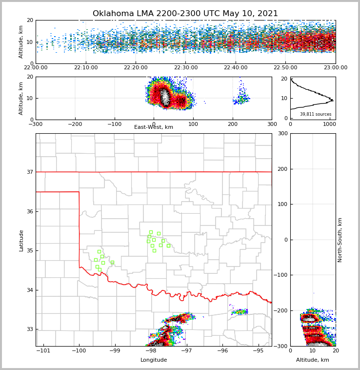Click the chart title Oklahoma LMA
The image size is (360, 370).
click(185, 14)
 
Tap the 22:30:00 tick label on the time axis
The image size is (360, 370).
click(186, 68)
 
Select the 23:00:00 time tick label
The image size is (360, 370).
click(335, 68)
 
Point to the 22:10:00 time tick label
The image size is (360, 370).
click(86, 68)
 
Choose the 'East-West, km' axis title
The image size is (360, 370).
click(154, 127)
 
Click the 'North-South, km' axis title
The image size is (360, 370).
click(340, 240)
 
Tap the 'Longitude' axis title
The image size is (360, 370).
click(154, 360)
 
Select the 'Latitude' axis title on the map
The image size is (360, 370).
click(21, 240)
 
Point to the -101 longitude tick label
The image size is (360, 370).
click(43, 351)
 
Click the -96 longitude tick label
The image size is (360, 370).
click(222, 351)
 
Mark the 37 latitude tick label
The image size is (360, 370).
click(30, 172)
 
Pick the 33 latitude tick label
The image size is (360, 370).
click(30, 329)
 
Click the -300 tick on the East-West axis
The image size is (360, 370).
click(36, 124)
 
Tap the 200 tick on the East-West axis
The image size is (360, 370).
click(232, 124)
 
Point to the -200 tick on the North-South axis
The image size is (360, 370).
click(280, 310)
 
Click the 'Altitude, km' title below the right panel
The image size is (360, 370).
click(313, 360)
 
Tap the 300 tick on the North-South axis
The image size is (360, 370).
click(282, 134)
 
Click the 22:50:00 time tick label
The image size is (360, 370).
click(285, 68)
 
